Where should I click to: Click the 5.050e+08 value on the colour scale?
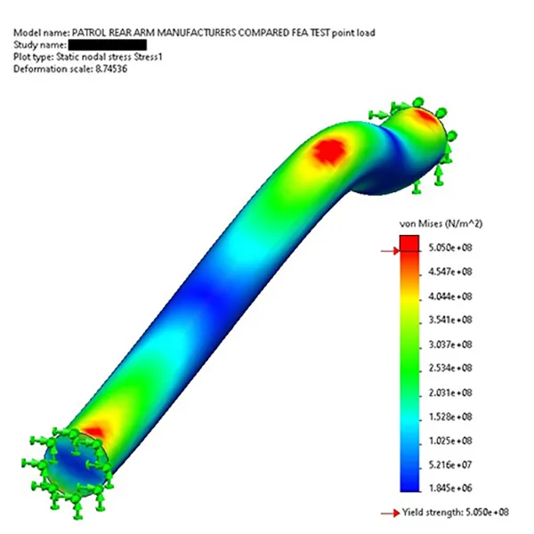click(x=450, y=247)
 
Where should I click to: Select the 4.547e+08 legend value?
click(x=450, y=271)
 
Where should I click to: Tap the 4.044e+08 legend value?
click(x=450, y=296)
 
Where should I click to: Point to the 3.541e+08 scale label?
click(x=450, y=320)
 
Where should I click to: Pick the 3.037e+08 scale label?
click(x=450, y=344)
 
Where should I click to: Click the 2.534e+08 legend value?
click(x=450, y=368)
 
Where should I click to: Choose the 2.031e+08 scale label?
click(x=450, y=392)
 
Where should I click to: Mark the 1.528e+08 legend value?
click(x=450, y=417)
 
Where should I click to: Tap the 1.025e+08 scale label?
click(x=450, y=441)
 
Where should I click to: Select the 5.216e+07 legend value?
click(x=450, y=465)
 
